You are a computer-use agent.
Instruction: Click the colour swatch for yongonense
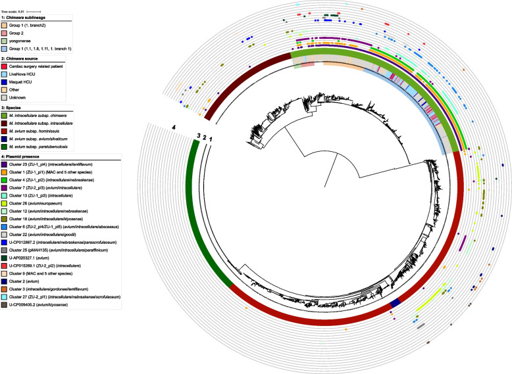point(5,41)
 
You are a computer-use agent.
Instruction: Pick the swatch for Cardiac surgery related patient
point(5,67)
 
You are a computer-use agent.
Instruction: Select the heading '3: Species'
point(16,106)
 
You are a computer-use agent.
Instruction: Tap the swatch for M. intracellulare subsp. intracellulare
point(5,122)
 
